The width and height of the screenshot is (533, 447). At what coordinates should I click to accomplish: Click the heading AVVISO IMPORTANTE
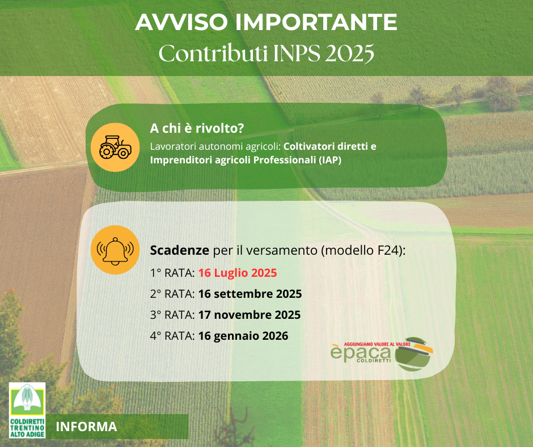point(266,22)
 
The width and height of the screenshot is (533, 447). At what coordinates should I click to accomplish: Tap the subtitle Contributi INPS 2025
point(266,53)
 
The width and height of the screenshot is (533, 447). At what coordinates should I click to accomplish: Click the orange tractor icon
point(115,147)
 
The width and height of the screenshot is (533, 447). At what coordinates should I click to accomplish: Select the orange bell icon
point(115,250)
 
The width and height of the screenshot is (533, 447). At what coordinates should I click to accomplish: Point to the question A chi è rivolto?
point(197,128)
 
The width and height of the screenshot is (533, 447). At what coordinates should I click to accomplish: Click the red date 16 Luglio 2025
point(238,273)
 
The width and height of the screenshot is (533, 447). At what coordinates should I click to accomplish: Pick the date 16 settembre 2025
point(250,294)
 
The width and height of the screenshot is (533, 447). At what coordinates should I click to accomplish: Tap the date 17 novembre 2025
point(249,315)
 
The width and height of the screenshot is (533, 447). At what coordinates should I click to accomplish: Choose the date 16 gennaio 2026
point(243,336)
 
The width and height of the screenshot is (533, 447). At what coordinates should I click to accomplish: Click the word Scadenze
point(180,250)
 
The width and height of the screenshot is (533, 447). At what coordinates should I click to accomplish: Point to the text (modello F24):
point(363,251)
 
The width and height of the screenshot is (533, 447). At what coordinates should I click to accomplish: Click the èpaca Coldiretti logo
point(382,354)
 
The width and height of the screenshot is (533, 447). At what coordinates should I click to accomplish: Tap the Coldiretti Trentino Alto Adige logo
point(27,410)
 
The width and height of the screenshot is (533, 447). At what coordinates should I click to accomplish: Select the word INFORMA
point(86,427)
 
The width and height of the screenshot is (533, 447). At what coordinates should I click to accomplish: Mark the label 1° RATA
point(172,273)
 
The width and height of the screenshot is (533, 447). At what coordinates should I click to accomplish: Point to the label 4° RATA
point(172,336)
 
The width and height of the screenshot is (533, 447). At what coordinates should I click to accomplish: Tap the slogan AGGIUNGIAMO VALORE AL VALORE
point(377,344)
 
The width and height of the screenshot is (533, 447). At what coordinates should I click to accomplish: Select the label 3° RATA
point(172,315)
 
